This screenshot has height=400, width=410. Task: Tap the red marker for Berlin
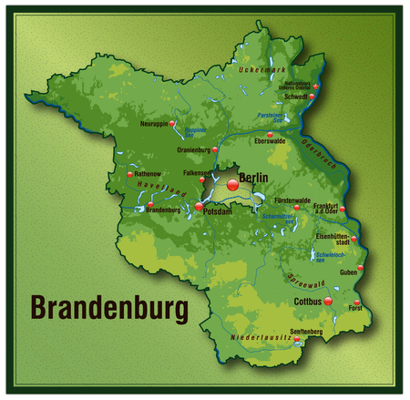(x=232, y=185)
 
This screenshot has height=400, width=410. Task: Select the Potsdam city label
(x=219, y=211)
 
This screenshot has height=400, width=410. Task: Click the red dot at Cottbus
(x=328, y=301)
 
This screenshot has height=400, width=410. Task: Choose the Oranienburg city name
(x=194, y=148)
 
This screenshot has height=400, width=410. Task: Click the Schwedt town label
(x=297, y=96)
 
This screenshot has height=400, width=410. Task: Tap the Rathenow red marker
(x=130, y=173)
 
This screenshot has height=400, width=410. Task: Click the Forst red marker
(x=357, y=302)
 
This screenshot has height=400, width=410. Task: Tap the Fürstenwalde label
(x=293, y=200)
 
